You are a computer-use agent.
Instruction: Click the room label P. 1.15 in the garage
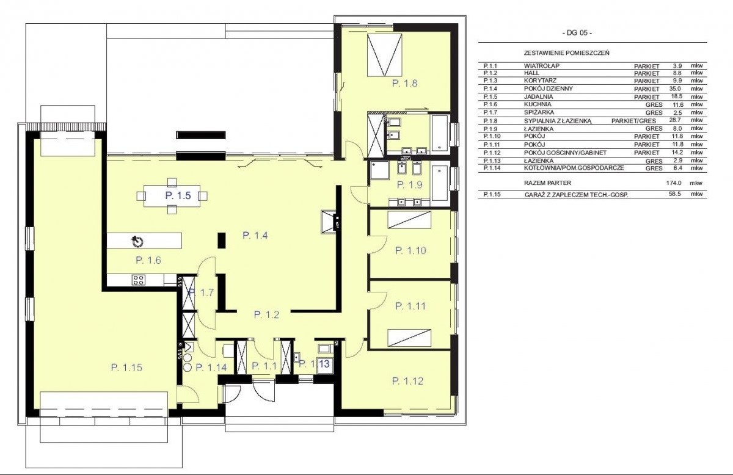pos(126,368)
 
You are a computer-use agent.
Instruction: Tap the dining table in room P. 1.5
pos(172,195)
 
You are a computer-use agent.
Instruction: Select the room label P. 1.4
pos(255,235)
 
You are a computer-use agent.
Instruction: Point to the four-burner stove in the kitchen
pos(139,280)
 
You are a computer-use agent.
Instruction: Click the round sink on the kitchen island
pos(138,241)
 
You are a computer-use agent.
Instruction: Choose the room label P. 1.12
pos(407,381)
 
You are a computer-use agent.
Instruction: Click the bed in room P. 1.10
pos(409,220)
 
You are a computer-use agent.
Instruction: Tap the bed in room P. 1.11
pos(409,338)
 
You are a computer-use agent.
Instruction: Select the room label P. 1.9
pos(409,185)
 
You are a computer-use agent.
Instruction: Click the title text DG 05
pos(577,33)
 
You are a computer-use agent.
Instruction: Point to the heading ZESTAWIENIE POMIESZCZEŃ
pos(567,53)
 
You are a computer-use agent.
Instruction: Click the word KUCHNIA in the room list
pos(538,104)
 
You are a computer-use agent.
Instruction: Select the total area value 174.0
pos(674,183)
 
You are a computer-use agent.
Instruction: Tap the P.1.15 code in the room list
pos(492,194)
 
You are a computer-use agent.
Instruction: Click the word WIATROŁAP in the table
pos(542,66)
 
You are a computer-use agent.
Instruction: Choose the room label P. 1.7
pos(202,292)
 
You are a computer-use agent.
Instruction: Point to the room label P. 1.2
pos(267,314)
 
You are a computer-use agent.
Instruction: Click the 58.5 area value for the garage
pos(675,194)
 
